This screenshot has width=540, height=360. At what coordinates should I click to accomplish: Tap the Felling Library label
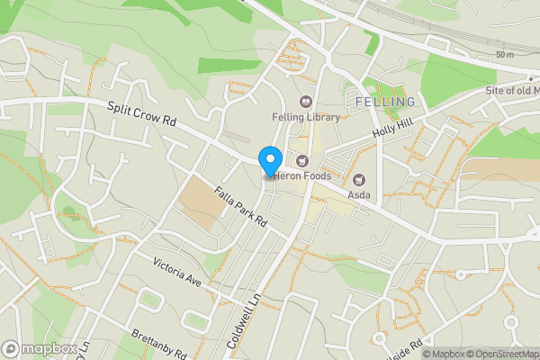pyautogui.click(x=306, y=117)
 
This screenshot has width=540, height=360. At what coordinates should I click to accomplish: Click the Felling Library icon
pyautogui.click(x=305, y=102)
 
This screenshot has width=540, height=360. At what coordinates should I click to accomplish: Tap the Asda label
pyautogui.click(x=359, y=194)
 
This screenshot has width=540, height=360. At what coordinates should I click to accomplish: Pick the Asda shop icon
pyautogui.click(x=359, y=180)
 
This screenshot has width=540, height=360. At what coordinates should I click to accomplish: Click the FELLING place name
pyautogui.click(x=386, y=102)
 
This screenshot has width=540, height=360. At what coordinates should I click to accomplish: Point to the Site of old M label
pyautogui.click(x=511, y=91)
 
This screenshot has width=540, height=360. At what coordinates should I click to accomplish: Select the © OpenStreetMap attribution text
pyautogui.click(x=507, y=354)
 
